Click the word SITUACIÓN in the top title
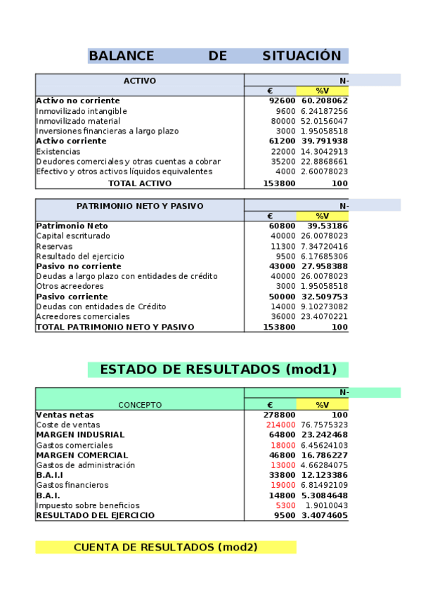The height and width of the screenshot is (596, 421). click(302, 56)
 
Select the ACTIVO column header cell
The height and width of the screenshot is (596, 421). click(140, 81)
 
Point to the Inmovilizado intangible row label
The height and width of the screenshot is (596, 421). click(82, 111)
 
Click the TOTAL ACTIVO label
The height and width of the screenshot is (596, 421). click(140, 183)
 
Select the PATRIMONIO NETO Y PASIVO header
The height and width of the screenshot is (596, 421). click(140, 206)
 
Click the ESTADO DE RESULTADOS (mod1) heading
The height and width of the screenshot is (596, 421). click(218, 370)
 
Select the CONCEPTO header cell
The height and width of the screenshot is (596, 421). click(140, 404)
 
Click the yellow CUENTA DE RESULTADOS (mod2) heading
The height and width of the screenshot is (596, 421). click(165, 547)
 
